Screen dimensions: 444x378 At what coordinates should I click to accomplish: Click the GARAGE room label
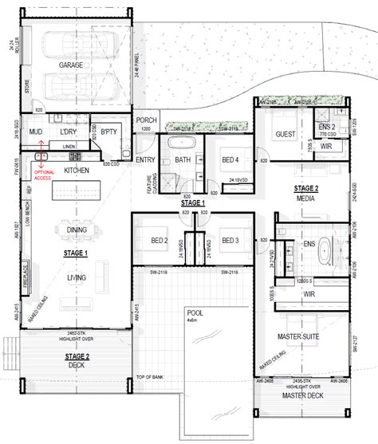[x=71, y=65]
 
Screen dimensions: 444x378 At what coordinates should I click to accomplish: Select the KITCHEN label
[x=77, y=171]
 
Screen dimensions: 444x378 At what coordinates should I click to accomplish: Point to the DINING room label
[x=77, y=230]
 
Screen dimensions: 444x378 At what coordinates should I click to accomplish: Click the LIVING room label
[x=77, y=277]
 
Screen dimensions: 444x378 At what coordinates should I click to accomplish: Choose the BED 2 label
[x=159, y=240]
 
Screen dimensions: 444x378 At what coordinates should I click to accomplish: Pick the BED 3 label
[x=230, y=240]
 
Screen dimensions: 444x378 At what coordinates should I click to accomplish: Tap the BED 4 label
[x=230, y=159]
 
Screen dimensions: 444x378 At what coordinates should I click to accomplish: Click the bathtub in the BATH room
[x=183, y=143]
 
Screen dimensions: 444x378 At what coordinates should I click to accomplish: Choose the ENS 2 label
[x=327, y=128]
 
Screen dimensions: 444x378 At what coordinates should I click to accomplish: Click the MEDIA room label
[x=306, y=197]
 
